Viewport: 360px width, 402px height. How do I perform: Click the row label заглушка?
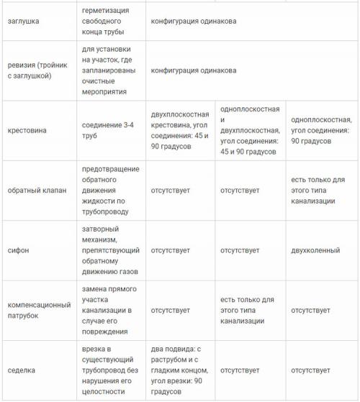pyautogui.click(x=24, y=22)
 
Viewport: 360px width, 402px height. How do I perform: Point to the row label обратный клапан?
pyautogui.click(x=37, y=190)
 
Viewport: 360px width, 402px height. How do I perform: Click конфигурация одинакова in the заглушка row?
pyautogui.click(x=193, y=22)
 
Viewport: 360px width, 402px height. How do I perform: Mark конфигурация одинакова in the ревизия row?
pyautogui.click(x=193, y=70)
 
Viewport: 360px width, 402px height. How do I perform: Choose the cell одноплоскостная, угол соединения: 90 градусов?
pyautogui.click(x=320, y=130)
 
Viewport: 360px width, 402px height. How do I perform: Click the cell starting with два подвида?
pyautogui.click(x=180, y=370)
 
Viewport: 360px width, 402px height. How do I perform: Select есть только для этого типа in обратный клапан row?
pyautogui.click(x=318, y=190)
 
